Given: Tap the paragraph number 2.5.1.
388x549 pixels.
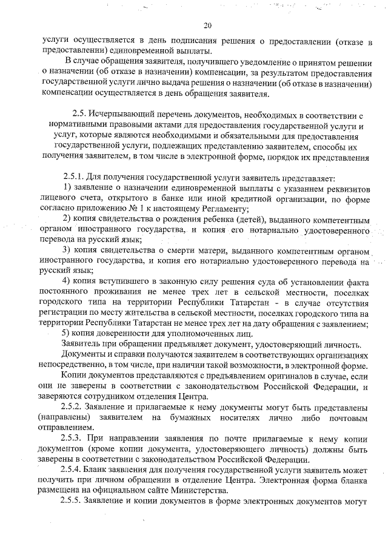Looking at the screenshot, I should tap(75, 178).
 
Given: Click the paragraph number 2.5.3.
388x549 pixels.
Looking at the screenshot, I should tap(74, 437).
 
